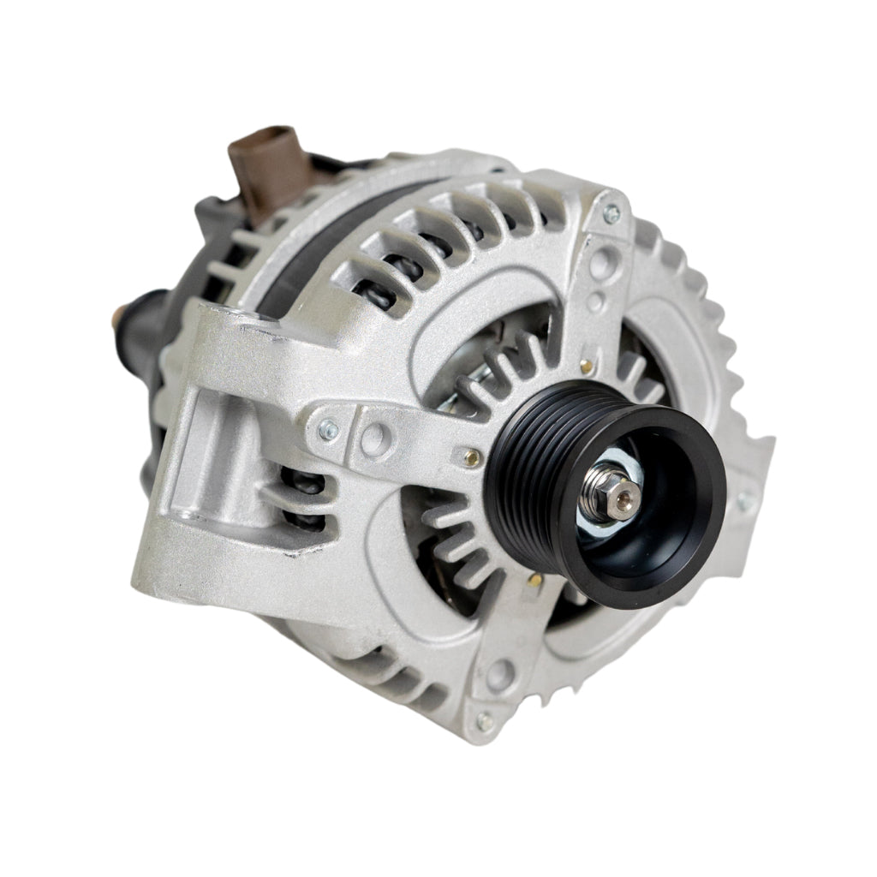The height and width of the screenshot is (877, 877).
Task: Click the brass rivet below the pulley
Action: (534, 582)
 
